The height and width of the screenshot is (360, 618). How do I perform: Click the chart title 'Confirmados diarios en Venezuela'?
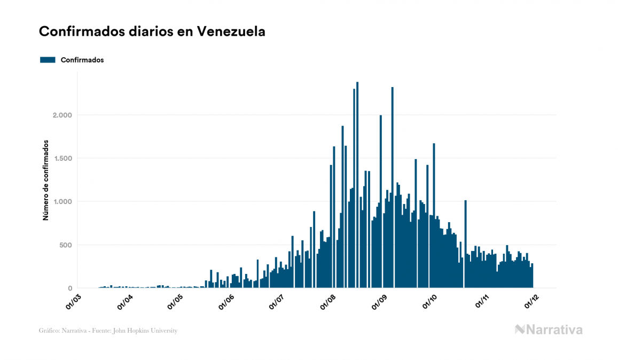(152, 32)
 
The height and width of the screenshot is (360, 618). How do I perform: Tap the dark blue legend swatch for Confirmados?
(48, 60)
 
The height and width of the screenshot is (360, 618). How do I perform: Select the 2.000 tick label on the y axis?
(60, 115)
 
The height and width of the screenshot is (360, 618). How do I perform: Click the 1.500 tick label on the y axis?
(60, 159)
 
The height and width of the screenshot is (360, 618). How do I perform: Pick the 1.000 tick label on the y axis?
(60, 202)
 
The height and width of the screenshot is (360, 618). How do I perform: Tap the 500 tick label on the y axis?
(64, 245)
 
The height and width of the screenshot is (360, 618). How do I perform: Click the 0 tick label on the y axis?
(69, 288)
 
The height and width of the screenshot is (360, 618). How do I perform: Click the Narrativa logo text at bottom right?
(549, 330)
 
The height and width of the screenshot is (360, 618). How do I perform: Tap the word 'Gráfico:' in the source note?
(49, 331)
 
